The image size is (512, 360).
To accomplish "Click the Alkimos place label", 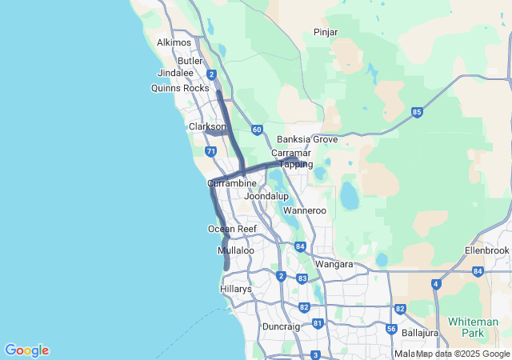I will [x=174, y=42].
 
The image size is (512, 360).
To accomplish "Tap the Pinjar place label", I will [x=326, y=32].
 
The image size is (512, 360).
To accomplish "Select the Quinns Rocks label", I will [x=180, y=88].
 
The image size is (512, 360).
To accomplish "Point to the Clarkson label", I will [x=207, y=126].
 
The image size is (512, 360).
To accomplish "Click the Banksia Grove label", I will [x=307, y=139].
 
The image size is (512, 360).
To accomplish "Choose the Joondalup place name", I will [x=266, y=196].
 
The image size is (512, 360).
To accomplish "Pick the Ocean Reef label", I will [x=231, y=229].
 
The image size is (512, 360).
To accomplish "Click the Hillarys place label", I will [x=236, y=289].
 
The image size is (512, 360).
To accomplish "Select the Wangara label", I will [x=334, y=263].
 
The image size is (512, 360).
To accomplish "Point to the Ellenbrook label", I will [x=486, y=250].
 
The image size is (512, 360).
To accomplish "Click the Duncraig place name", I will [x=281, y=327].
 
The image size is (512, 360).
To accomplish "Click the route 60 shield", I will [x=256, y=129].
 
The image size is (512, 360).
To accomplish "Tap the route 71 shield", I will [x=210, y=150].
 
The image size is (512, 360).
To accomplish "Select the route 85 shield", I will [x=417, y=112].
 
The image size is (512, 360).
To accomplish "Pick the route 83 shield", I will [x=302, y=278].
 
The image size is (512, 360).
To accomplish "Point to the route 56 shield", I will [x=391, y=329].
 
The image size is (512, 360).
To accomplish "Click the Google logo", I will [x=26, y=350].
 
